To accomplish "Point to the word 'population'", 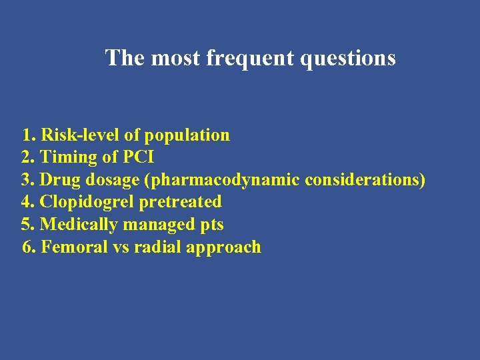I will point(187,135).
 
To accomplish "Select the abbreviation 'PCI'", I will point(137,158).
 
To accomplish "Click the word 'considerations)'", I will point(365,181).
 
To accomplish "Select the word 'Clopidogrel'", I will point(87,202).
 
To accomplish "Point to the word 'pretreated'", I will point(180,202).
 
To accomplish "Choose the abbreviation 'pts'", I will point(211,225).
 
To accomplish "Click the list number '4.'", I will point(29,202).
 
